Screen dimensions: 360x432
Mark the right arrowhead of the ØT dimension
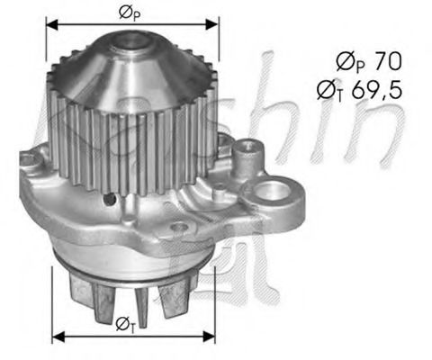click(x=213, y=337)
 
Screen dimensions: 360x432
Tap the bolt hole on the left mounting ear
click(x=33, y=161)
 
